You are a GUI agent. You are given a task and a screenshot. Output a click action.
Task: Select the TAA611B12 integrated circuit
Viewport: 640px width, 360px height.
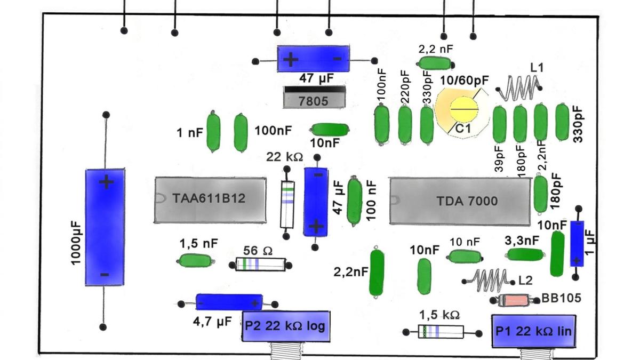coord(210,199)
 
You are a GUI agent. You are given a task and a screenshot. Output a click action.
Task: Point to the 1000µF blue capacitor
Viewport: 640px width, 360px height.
coord(105,227)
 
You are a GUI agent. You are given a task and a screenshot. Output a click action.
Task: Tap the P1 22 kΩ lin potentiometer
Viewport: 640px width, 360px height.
coord(533,331)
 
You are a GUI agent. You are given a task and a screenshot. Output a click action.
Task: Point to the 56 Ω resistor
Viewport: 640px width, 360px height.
coord(261,263)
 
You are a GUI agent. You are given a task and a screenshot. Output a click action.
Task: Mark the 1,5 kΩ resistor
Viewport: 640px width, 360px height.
coord(441,331)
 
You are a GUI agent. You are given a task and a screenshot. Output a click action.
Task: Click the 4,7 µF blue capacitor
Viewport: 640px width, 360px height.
coord(229,302)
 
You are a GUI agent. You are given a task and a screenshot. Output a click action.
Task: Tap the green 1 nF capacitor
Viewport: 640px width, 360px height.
coord(213,132)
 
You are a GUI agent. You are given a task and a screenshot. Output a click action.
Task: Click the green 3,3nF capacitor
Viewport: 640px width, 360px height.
coord(525,254)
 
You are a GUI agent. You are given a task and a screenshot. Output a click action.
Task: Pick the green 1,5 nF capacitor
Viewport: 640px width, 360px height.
coord(196,260)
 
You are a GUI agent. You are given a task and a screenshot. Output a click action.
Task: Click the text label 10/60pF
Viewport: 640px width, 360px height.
coord(464,81)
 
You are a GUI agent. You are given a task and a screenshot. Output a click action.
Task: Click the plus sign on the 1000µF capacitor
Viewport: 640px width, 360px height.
coord(106,182)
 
